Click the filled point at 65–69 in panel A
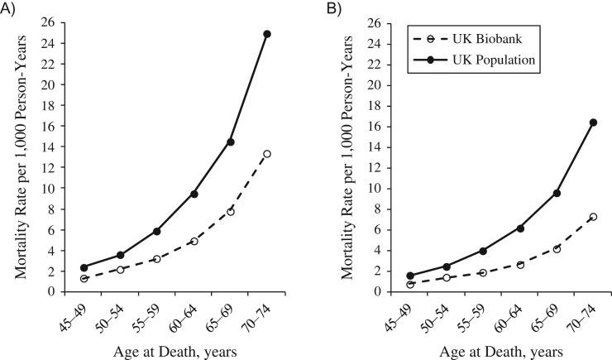pyautogui.click(x=231, y=142)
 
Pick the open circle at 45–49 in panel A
pyautogui.click(x=84, y=279)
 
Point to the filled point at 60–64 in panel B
pyautogui.click(x=497, y=228)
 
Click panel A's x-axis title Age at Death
pyautogui.click(x=175, y=350)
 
